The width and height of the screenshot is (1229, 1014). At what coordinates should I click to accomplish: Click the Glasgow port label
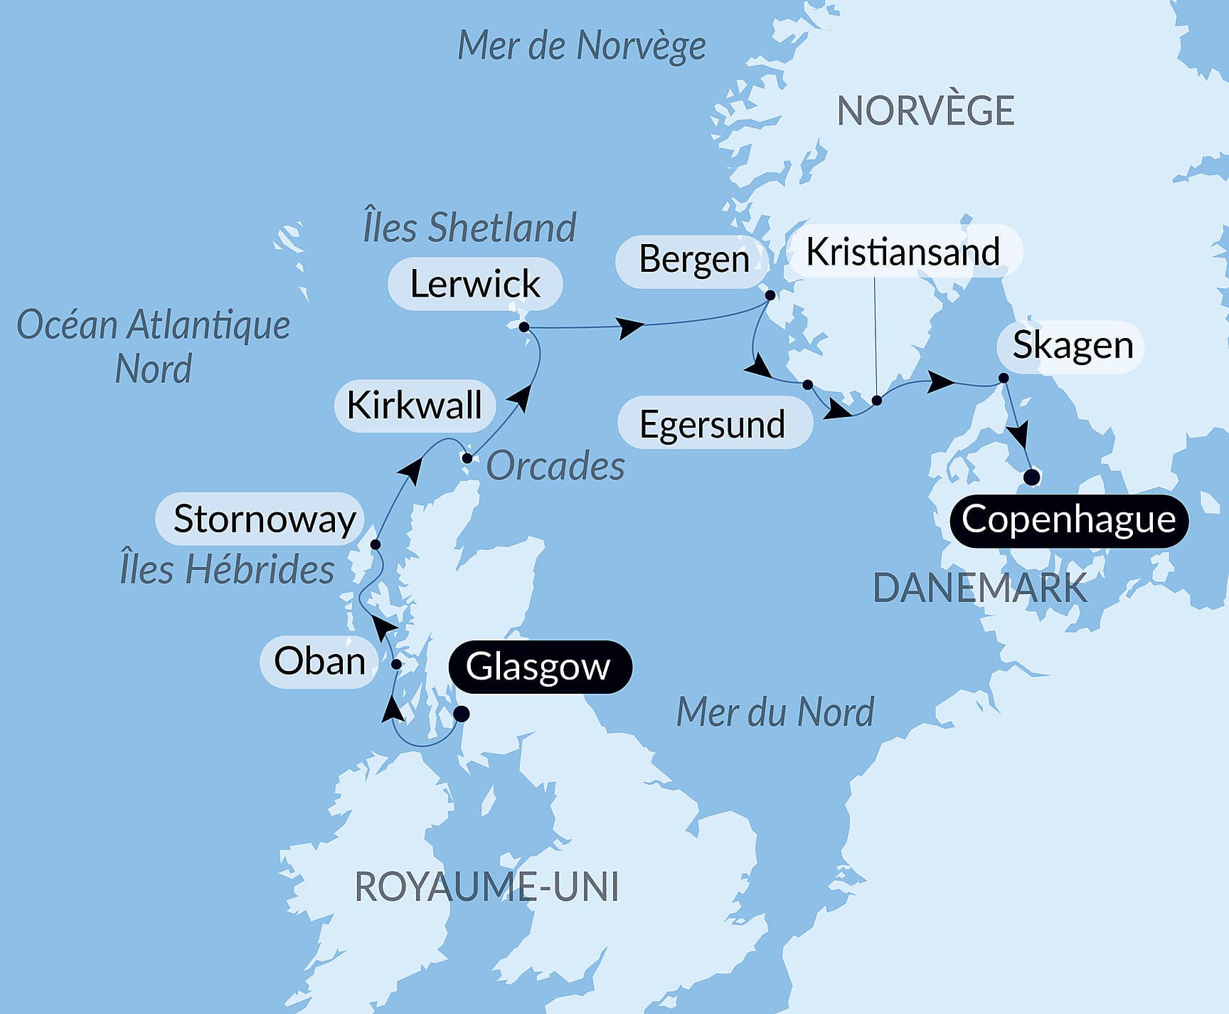pyautogui.click(x=538, y=667)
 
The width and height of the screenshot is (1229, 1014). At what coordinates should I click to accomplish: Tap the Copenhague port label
pyautogui.click(x=1068, y=520)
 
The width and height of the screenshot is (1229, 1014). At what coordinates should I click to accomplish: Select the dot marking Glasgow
pyautogui.click(x=461, y=714)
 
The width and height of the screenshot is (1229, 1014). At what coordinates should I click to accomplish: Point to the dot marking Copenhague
pyautogui.click(x=1031, y=477)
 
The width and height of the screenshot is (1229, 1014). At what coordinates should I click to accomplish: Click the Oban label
pyautogui.click(x=319, y=661)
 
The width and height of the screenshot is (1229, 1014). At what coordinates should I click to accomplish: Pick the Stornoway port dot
pyautogui.click(x=376, y=544)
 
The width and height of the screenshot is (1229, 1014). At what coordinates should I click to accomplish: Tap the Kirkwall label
pyautogui.click(x=414, y=406)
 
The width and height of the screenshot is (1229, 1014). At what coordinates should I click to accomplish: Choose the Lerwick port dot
pyautogui.click(x=524, y=327)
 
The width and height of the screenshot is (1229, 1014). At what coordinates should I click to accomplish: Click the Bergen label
pyautogui.click(x=693, y=259)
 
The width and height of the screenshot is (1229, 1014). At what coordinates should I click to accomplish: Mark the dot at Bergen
pyautogui.click(x=770, y=295)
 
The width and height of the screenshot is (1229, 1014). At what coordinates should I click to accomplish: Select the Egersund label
pyautogui.click(x=712, y=424)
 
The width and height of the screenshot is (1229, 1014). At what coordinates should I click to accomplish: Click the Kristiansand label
pyautogui.click(x=903, y=252)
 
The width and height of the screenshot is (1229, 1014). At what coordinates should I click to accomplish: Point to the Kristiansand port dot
pyautogui.click(x=877, y=401)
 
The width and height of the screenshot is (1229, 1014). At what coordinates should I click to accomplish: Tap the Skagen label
pyautogui.click(x=1072, y=346)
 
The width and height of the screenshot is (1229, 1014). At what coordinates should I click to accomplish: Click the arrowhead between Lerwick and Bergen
pyautogui.click(x=631, y=328)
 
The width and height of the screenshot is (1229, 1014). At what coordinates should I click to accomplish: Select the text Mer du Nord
pyautogui.click(x=775, y=712)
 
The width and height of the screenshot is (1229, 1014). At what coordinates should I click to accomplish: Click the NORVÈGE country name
pyautogui.click(x=925, y=111)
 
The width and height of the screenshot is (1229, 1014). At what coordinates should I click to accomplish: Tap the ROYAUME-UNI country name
pyautogui.click(x=486, y=887)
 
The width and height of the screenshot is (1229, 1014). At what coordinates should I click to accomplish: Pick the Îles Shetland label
pyautogui.click(x=469, y=228)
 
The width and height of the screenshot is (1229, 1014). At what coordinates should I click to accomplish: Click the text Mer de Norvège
pyautogui.click(x=581, y=46)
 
